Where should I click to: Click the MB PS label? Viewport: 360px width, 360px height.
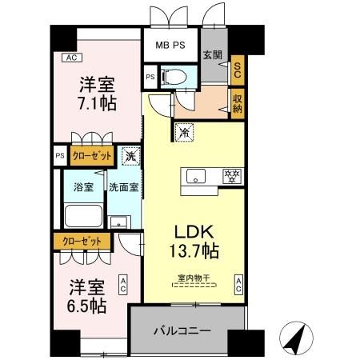tap(170, 45)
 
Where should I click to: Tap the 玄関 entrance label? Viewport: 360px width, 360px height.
tap(212, 54)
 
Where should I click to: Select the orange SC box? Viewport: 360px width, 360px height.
tap(237, 70)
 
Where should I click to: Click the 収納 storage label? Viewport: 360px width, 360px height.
tap(237, 103)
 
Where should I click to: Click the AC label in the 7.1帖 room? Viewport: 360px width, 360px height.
tap(71, 58)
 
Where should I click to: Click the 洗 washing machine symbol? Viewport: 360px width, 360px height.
tap(129, 157)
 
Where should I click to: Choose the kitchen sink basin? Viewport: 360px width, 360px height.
tap(194, 174)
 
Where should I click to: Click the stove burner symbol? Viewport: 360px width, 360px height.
tap(231, 174)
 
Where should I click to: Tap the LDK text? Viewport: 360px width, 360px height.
tap(194, 231)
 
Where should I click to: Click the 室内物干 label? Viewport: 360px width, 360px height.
tap(194, 278)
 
